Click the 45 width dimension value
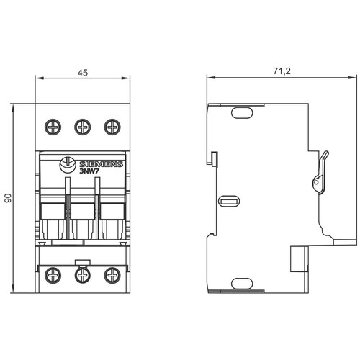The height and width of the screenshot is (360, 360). (x=83, y=73)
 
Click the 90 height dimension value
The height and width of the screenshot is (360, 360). (x=8, y=198)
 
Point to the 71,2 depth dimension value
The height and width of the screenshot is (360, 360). (x=282, y=71)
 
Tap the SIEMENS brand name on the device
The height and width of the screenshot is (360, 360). (x=101, y=164)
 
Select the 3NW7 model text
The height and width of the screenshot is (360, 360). (x=87, y=171)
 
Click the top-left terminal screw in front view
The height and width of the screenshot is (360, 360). (x=53, y=127)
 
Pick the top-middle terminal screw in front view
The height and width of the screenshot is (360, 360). (x=83, y=127)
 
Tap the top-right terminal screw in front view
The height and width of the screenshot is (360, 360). (x=112, y=127)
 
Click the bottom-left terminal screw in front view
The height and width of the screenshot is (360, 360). (x=53, y=275)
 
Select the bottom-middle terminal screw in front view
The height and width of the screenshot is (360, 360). (x=83, y=275)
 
